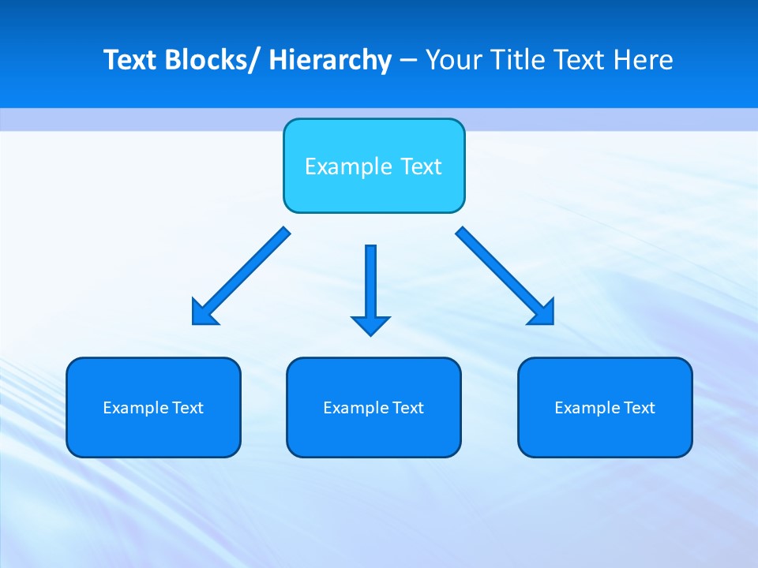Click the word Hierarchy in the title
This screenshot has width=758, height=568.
click(x=330, y=61)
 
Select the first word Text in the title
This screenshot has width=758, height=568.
click(x=130, y=61)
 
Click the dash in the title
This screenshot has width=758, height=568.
click(x=408, y=61)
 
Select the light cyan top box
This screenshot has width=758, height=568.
click(x=373, y=166)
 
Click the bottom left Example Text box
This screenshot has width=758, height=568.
click(x=153, y=407)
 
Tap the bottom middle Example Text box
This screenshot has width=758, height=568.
click(x=373, y=407)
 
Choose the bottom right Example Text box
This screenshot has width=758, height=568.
click(x=605, y=407)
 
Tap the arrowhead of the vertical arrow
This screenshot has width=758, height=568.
click(x=370, y=324)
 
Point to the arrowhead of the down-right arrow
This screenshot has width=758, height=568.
click(x=543, y=313)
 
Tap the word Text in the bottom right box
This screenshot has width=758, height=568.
click(x=640, y=408)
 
